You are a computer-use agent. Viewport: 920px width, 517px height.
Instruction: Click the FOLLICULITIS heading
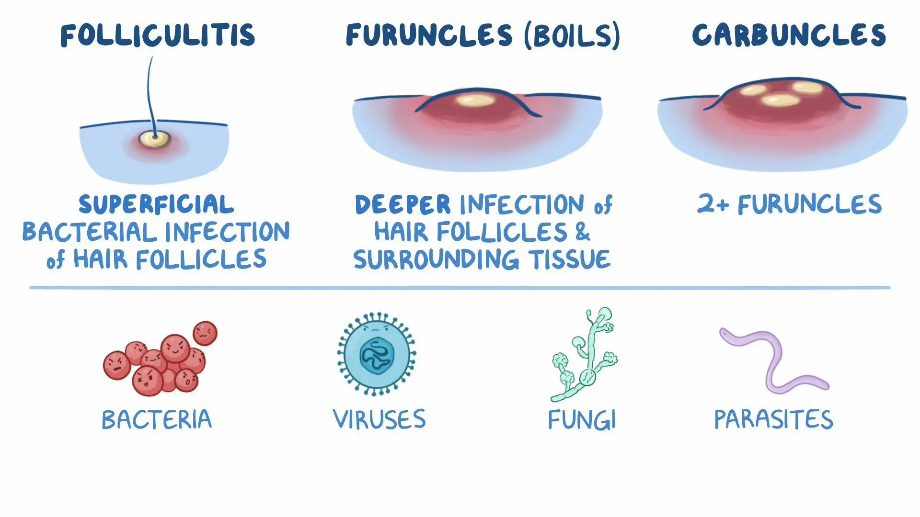(x=158, y=35)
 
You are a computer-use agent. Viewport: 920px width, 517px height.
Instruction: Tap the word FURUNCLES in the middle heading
(x=429, y=35)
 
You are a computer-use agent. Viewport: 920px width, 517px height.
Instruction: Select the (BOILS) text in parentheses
(x=572, y=35)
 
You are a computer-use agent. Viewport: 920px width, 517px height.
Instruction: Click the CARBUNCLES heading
(x=789, y=35)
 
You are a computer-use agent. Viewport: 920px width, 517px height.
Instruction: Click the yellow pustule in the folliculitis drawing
(x=154, y=139)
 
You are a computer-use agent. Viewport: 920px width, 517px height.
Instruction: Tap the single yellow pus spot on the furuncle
(x=474, y=100)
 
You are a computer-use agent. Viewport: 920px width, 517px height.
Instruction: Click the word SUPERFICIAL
(x=157, y=205)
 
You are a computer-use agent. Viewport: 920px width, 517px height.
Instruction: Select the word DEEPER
(x=402, y=205)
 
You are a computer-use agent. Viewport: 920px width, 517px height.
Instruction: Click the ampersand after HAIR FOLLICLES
(x=582, y=232)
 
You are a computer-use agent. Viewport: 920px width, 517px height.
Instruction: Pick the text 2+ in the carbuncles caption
(x=713, y=204)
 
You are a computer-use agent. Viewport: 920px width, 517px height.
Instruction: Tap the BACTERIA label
(x=157, y=420)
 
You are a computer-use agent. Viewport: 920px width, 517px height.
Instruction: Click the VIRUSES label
(x=379, y=420)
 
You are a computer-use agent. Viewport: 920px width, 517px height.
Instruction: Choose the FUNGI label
(x=582, y=420)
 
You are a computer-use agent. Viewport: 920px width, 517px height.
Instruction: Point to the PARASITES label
(x=773, y=420)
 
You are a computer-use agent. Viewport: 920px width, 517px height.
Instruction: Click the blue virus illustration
(x=377, y=354)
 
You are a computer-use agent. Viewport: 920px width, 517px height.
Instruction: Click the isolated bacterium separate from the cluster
(x=205, y=333)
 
